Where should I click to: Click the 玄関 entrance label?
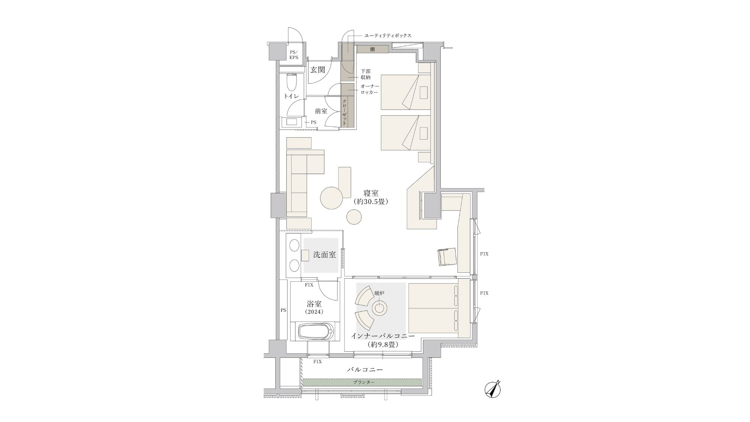[x=318, y=70]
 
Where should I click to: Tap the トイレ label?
[x=291, y=96]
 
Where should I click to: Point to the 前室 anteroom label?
[x=321, y=111]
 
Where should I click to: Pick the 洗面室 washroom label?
[x=324, y=255]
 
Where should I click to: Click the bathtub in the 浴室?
[x=315, y=332]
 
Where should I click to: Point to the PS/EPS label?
[x=294, y=55]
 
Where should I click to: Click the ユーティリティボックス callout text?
[x=388, y=36]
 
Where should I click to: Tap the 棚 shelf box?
[x=372, y=49]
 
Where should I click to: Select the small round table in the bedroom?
[x=354, y=217]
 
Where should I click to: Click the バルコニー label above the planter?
[x=365, y=369]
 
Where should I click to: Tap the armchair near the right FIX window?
[x=447, y=257]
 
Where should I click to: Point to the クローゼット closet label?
[x=344, y=112]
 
